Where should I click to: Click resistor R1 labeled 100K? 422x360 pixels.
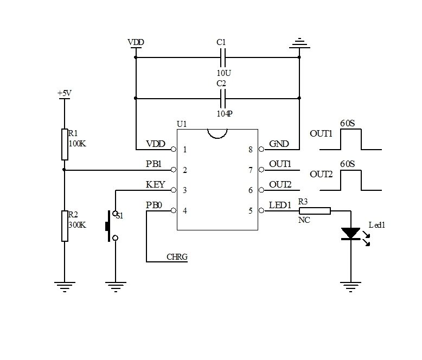point(65,145)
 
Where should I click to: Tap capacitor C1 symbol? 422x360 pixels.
point(222,56)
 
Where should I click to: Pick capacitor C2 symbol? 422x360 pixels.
point(222,98)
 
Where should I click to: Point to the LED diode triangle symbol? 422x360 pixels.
point(350,233)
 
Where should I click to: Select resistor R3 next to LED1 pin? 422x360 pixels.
point(315,210)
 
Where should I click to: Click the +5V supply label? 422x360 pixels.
point(65,93)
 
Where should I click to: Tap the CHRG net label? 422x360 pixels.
point(177,257)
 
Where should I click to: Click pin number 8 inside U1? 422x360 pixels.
point(251,149)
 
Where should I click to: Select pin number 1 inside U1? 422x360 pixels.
point(185,149)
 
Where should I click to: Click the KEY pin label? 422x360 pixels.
point(156,184)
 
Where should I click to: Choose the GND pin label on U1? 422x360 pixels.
point(279,144)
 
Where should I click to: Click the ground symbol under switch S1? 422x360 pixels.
point(114,285)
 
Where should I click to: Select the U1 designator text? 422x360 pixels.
point(182,124)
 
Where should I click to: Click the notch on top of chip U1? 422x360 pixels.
point(217,133)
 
